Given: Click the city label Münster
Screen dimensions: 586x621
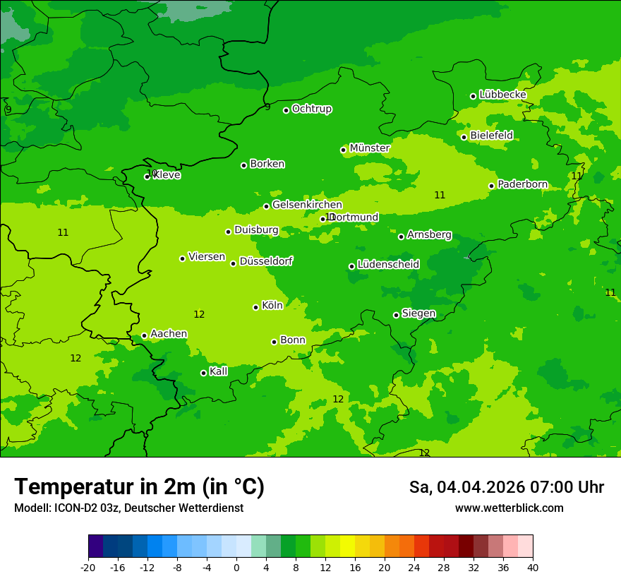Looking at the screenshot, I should point(369,148).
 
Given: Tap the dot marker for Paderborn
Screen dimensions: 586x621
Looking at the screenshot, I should point(491,186).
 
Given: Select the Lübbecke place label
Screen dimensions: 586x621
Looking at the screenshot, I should point(502,95).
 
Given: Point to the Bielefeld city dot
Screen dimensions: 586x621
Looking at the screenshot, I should point(464,137).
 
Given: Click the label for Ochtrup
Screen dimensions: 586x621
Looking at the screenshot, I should point(311,109).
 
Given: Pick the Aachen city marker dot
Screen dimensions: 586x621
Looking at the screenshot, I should point(144,336).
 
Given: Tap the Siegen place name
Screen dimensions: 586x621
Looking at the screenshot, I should point(418,313).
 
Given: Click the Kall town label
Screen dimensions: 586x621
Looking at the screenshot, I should point(218,371).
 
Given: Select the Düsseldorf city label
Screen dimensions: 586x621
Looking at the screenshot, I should point(266,261).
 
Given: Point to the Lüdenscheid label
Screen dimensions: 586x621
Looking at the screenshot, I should point(388,265).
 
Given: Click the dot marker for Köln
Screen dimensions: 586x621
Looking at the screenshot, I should point(255,307).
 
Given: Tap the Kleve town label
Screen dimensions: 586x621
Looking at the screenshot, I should point(167,175).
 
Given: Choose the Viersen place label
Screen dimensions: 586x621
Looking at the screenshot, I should point(206,257).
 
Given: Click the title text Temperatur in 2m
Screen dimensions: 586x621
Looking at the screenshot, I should point(139,486).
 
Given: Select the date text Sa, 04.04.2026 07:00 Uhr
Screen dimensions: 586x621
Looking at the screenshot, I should point(506,487).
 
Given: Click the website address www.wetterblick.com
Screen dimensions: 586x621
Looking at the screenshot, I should point(509,508).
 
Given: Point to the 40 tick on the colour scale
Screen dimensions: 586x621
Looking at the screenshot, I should point(532,568).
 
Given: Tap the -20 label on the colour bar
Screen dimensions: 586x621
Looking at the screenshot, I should point(88,568).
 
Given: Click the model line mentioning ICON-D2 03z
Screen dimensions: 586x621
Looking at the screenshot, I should point(128,508).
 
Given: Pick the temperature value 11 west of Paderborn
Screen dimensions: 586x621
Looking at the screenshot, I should point(440,195).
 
